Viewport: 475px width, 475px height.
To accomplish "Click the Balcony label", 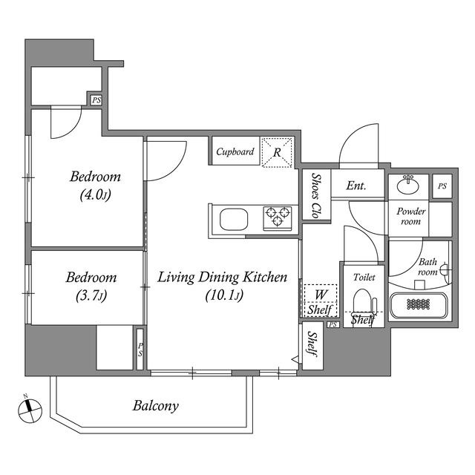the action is pyautogui.click(x=156, y=406).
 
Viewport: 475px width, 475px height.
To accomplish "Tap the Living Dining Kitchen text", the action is pyautogui.click(x=223, y=277).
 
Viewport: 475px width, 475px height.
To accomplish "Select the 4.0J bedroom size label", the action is pyautogui.click(x=96, y=194).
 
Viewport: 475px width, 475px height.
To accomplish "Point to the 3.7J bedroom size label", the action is pyautogui.click(x=91, y=295).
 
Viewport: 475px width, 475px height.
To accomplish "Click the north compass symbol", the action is pyautogui.click(x=30, y=410).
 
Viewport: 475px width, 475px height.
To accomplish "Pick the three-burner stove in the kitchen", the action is pyautogui.click(x=278, y=218).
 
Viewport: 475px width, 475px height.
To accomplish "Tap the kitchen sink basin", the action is pyautogui.click(x=234, y=220).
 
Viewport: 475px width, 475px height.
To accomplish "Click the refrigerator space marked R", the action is pyautogui.click(x=277, y=152).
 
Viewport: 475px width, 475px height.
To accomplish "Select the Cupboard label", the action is pyautogui.click(x=235, y=151).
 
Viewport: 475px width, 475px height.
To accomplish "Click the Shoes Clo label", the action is pyautogui.click(x=316, y=196).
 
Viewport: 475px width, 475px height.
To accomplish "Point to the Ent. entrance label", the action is pyautogui.click(x=356, y=186).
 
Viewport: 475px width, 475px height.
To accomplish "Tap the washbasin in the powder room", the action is pyautogui.click(x=408, y=185).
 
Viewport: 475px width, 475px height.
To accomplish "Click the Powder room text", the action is pyautogui.click(x=410, y=216).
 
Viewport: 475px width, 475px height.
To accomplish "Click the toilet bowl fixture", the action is pyautogui.click(x=364, y=301).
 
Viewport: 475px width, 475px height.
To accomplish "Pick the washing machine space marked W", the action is pyautogui.click(x=321, y=294).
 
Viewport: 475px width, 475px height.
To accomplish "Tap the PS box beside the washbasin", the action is pyautogui.click(x=442, y=186).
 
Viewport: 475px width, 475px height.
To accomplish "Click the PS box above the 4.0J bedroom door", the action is pyautogui.click(x=96, y=100).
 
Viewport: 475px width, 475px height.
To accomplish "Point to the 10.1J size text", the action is pyautogui.click(x=224, y=295).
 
